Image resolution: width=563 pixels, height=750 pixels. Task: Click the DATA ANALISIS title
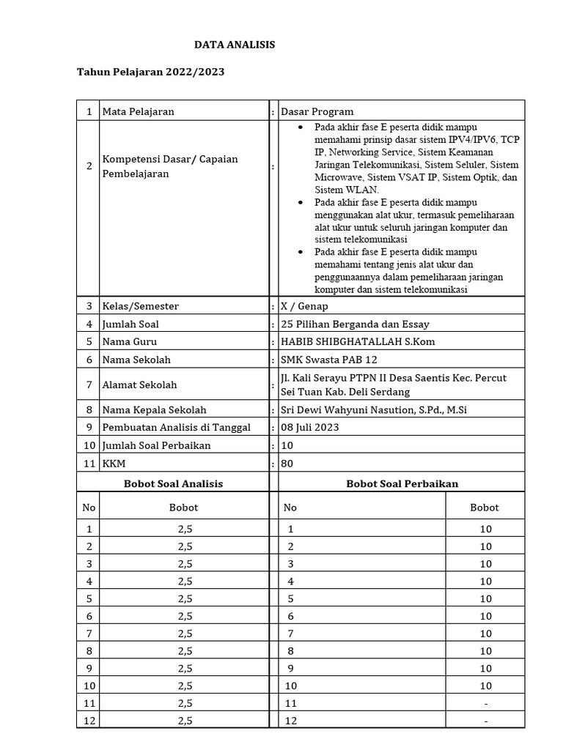234,45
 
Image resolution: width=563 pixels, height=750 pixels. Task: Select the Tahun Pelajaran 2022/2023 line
150,72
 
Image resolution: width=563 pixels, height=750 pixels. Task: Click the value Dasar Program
317,111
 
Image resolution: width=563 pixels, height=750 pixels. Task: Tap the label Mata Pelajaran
139,111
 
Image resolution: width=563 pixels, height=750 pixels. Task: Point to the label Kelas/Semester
140,306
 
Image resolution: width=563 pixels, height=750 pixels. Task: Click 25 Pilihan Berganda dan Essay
355,324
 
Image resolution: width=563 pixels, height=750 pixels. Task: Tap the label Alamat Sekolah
139,385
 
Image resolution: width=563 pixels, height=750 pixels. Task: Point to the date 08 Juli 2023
310,427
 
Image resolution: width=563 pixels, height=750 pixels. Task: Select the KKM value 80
287,464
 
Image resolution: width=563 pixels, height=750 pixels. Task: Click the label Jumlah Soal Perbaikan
156,445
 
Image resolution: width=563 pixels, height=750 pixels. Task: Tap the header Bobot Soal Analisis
173,483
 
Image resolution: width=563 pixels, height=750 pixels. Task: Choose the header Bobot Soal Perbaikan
402,483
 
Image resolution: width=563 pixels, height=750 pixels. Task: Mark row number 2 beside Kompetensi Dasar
89,166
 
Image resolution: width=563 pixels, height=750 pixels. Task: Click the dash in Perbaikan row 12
486,721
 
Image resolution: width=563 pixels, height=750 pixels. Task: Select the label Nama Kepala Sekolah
154,410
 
